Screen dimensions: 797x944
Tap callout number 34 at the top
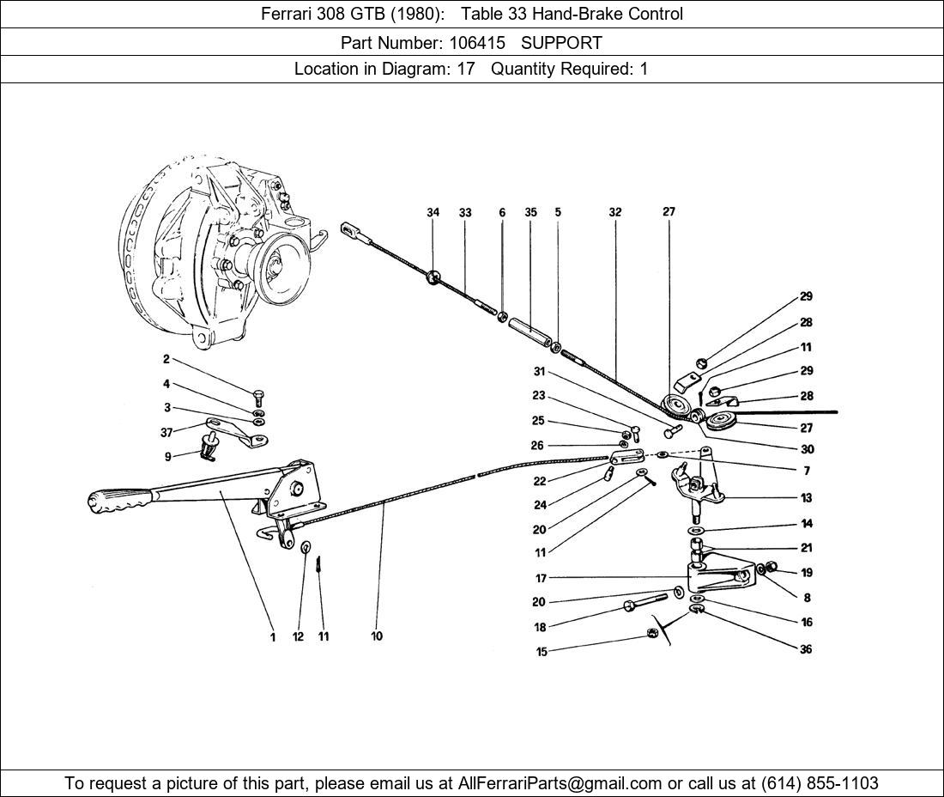click(433, 213)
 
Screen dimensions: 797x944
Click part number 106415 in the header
click(477, 42)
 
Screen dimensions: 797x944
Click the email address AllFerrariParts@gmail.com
click(560, 783)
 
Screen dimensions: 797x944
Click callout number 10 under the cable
click(377, 636)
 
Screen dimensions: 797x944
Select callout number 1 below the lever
click(273, 637)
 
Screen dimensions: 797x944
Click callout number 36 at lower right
click(806, 649)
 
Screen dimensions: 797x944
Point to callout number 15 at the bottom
click(541, 653)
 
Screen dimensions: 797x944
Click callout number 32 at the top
click(615, 212)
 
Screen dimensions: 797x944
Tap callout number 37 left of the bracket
click(166, 432)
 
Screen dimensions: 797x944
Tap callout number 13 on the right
click(806, 497)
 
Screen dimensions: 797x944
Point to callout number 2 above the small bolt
click(166, 360)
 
